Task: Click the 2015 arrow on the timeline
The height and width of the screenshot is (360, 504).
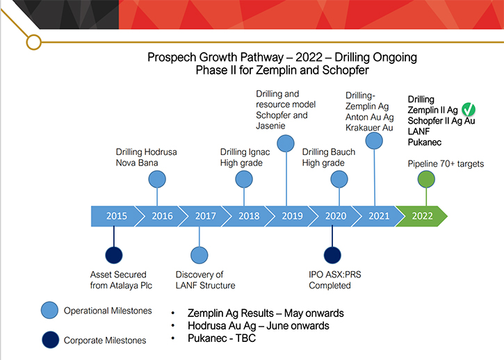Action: click(115, 216)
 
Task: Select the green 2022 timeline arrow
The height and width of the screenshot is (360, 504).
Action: click(422, 216)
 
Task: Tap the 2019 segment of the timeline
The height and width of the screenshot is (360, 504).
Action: click(291, 216)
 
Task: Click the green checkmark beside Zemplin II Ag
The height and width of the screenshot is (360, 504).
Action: click(469, 109)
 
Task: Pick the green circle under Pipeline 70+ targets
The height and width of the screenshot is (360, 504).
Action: click(426, 179)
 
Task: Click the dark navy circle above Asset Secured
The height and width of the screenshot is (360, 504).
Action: click(114, 255)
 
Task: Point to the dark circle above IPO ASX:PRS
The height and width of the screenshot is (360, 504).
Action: click(332, 255)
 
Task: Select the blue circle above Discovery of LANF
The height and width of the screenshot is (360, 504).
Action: click(200, 255)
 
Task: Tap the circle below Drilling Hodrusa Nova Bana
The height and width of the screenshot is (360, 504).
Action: click(157, 179)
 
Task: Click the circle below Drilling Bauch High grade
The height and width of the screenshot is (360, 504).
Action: click(339, 179)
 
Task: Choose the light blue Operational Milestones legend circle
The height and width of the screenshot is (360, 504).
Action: click(49, 310)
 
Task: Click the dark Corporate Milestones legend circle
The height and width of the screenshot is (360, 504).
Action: click(51, 340)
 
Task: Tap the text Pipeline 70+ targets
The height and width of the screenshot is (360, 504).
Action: click(446, 164)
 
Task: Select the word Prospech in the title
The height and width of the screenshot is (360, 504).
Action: click(172, 58)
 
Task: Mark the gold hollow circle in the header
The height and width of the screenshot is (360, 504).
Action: click(34, 42)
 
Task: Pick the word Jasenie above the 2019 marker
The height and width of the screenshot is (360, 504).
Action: click(270, 126)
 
